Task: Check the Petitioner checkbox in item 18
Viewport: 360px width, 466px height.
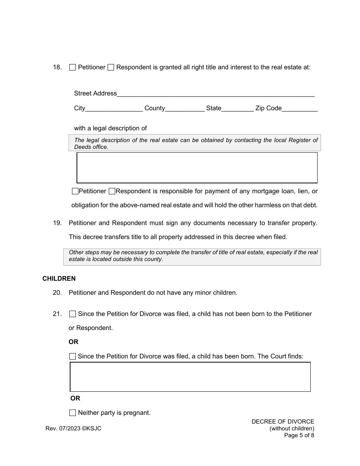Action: pos(73,67)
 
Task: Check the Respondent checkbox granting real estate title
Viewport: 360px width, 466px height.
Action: pos(111,67)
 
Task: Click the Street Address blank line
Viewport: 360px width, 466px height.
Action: pos(216,94)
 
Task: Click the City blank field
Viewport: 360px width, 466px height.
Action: pos(114,108)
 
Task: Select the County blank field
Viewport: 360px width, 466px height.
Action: pos(185,108)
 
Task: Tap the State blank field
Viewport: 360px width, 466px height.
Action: pos(238,108)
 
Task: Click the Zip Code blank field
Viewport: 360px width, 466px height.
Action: pos(300,108)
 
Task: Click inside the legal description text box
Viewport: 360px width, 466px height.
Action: pos(197,168)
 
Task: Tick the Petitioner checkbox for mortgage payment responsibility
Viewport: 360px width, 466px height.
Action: pos(75,191)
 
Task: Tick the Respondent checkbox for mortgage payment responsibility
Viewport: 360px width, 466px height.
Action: pos(112,191)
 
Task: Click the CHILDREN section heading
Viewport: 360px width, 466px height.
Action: pos(59,278)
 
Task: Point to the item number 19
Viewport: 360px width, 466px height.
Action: pos(57,223)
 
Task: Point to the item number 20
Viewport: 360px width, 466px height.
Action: pos(57,293)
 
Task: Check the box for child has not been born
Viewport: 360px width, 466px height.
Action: pos(73,314)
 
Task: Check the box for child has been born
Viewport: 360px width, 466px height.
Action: pos(73,357)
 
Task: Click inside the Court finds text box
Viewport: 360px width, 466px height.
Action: pos(190,377)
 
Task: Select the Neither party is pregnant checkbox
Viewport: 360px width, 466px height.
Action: pos(73,413)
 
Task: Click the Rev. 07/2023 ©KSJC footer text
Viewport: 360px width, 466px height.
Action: pos(74,428)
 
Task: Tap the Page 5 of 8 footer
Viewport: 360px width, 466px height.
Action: pos(299,435)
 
